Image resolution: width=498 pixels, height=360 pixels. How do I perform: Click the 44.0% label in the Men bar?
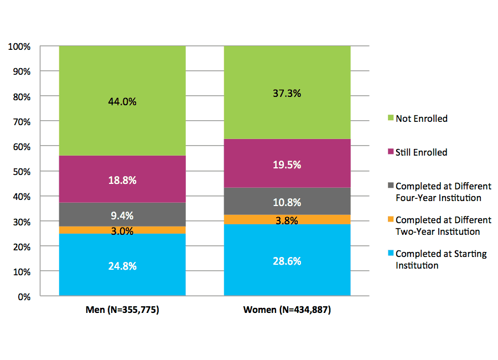(x=122, y=101)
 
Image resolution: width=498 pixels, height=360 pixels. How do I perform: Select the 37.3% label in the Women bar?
(x=287, y=94)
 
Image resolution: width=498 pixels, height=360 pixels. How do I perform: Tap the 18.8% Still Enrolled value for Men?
(x=122, y=180)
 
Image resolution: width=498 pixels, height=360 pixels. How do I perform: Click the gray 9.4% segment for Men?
(x=122, y=215)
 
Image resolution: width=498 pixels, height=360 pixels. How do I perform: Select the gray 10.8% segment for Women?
(x=287, y=202)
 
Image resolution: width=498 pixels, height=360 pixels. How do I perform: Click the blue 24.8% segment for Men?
(x=122, y=266)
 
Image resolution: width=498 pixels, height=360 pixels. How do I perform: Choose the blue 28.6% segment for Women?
(x=287, y=261)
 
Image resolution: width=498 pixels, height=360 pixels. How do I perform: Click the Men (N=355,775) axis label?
(x=122, y=310)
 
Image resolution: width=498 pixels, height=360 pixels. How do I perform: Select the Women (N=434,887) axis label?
(x=287, y=310)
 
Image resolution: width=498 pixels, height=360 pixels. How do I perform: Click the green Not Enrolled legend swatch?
(x=391, y=119)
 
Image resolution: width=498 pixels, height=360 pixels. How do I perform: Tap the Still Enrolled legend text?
(x=422, y=152)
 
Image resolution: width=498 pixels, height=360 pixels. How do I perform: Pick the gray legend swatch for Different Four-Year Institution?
(x=391, y=187)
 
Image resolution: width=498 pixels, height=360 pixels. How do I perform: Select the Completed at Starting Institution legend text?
(x=441, y=259)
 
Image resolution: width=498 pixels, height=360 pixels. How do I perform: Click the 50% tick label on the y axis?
(x=22, y=172)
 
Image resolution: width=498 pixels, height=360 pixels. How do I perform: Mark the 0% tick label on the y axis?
(x=24, y=297)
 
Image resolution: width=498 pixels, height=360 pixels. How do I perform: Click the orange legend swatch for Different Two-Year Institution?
(x=391, y=220)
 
